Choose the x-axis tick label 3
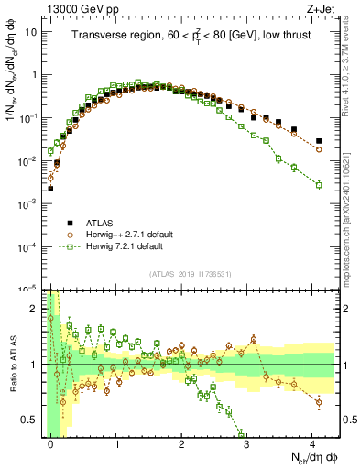coord(247,442)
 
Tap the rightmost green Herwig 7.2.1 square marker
coord(319,185)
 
